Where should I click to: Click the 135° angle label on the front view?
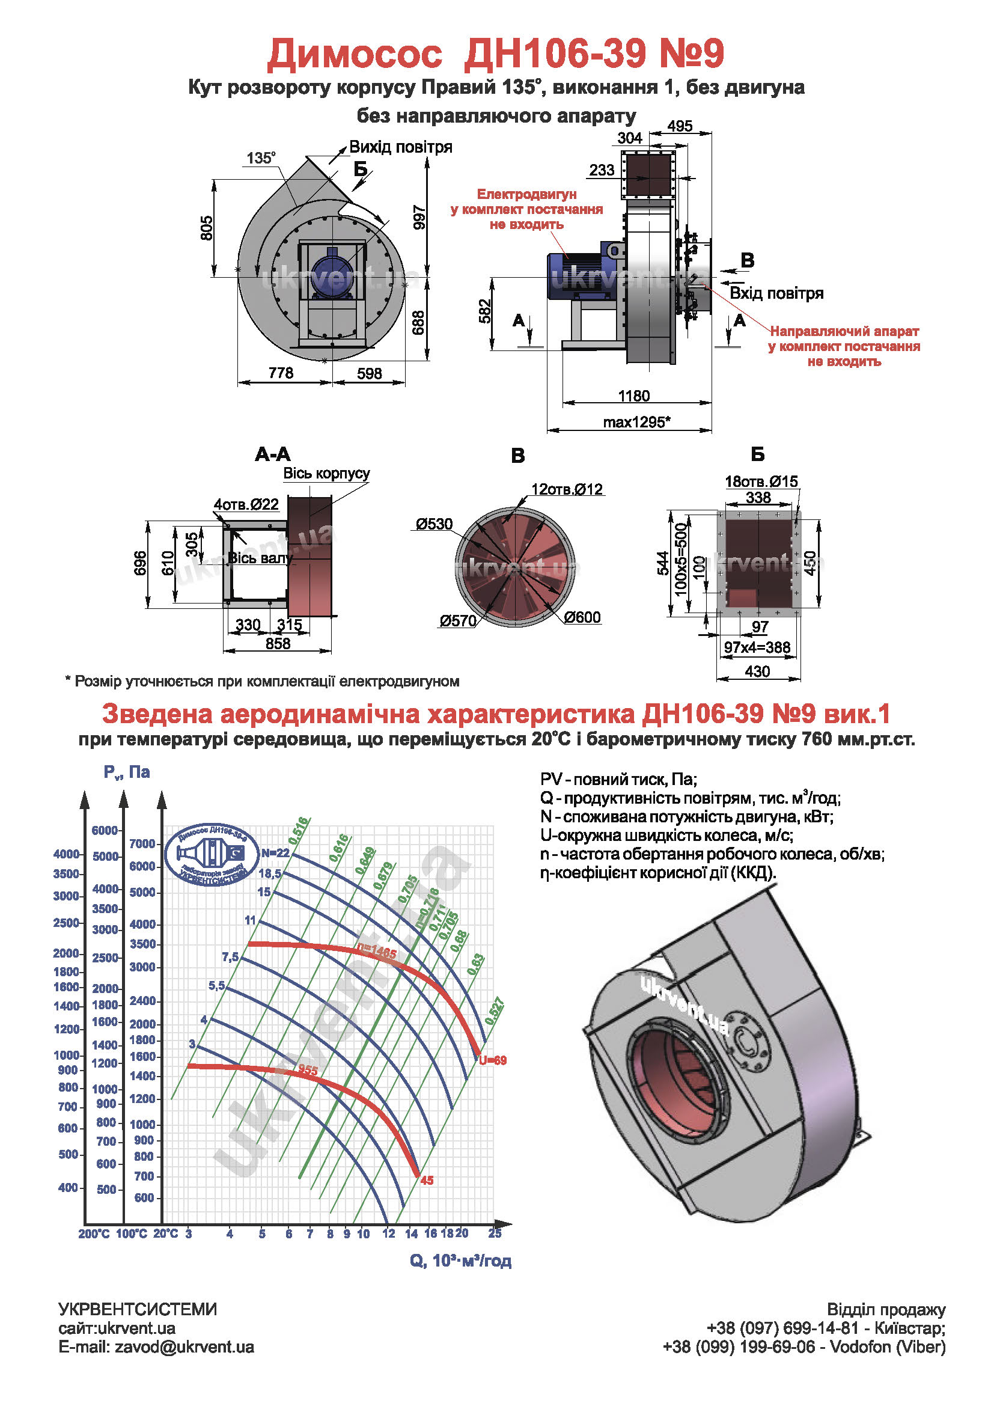(x=261, y=158)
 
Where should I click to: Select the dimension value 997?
(x=419, y=217)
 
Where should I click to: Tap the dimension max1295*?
(x=636, y=422)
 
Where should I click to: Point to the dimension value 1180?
(x=634, y=396)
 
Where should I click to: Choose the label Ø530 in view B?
(x=434, y=524)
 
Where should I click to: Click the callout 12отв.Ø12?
(x=567, y=489)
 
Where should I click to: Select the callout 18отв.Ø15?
(x=761, y=481)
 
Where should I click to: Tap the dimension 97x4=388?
(x=757, y=647)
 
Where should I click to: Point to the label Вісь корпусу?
(x=326, y=473)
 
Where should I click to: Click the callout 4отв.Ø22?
(x=246, y=504)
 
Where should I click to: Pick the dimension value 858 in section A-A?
(x=278, y=644)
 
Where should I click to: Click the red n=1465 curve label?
(x=377, y=952)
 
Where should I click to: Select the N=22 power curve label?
(x=275, y=853)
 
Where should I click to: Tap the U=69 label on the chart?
(x=493, y=1060)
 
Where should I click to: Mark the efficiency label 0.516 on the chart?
(x=299, y=831)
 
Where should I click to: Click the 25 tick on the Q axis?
(x=495, y=1233)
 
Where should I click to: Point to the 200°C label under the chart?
(x=94, y=1234)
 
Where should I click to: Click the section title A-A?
(x=272, y=454)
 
